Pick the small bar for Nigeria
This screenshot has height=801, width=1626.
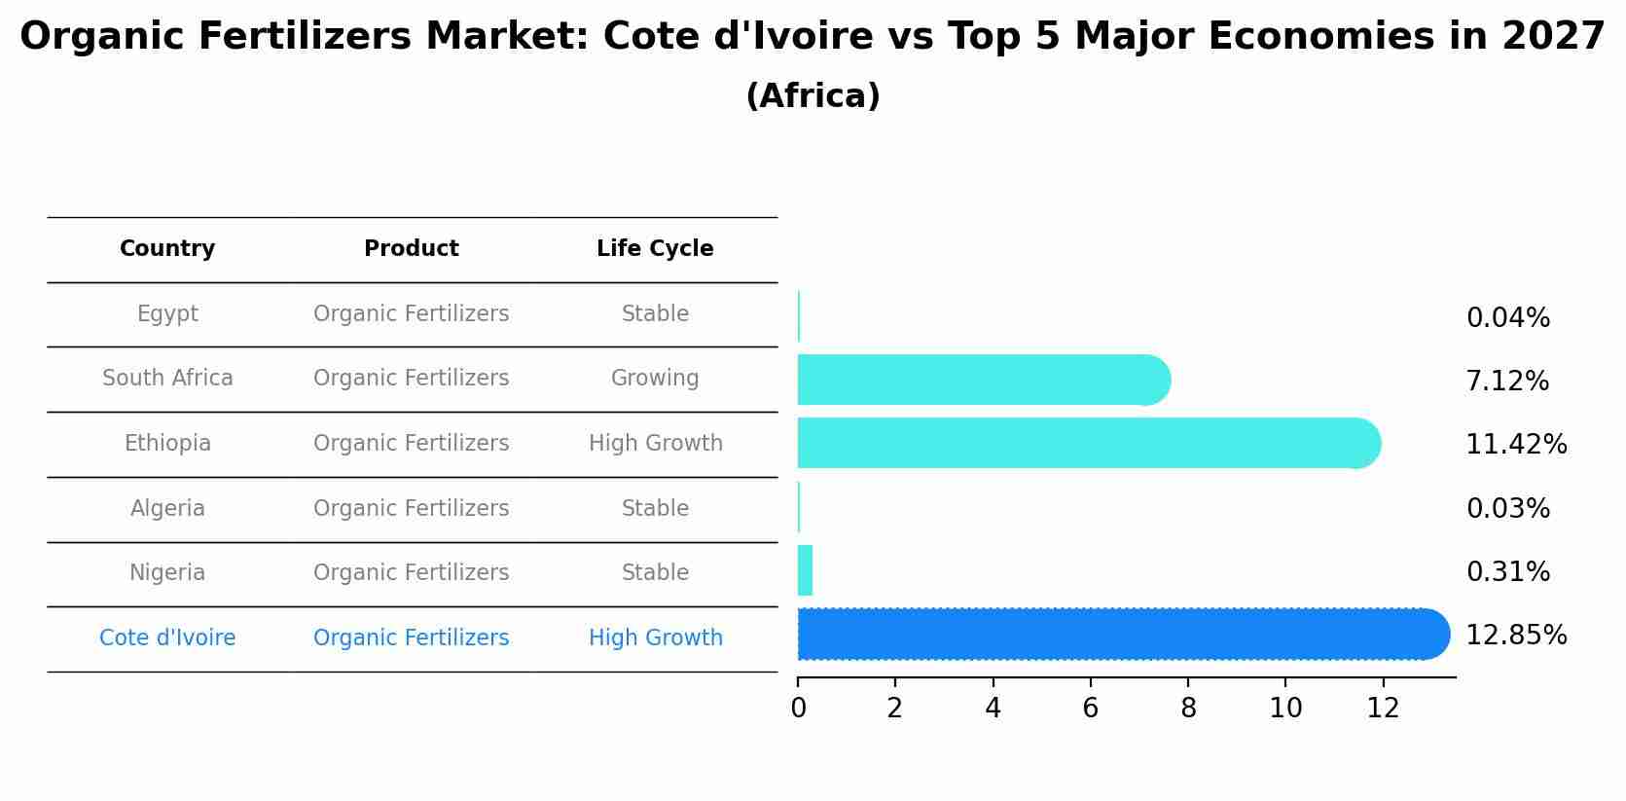click(805, 570)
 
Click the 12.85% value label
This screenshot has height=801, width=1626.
click(1516, 636)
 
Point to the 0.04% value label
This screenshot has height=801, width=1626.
click(1507, 318)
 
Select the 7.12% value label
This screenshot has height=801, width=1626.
click(1507, 382)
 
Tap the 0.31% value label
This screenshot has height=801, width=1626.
click(1507, 572)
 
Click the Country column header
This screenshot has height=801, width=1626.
click(167, 249)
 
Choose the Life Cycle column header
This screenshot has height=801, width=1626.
click(655, 249)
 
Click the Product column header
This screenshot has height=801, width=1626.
click(411, 249)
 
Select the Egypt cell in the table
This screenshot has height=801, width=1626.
click(167, 314)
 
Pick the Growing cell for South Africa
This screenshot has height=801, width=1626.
click(655, 379)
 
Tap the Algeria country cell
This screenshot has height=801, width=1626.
click(167, 509)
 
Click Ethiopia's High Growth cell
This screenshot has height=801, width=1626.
click(655, 444)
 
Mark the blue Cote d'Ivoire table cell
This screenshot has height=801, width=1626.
click(167, 638)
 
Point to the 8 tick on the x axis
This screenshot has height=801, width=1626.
click(1188, 709)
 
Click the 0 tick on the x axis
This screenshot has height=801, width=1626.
click(798, 709)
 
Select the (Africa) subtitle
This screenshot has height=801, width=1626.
click(813, 96)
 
